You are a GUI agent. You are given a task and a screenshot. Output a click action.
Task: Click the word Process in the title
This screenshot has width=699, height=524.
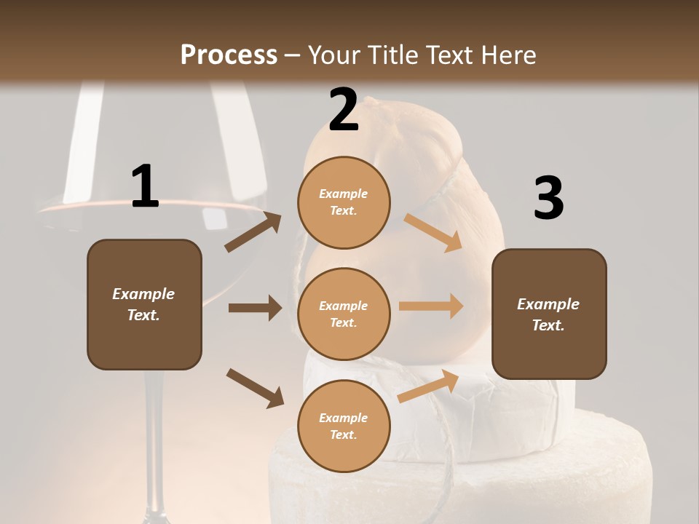[229, 55]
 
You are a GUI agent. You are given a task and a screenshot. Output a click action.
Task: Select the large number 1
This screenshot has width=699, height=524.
[145, 187]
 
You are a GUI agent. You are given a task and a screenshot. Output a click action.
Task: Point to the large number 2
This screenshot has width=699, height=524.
[344, 110]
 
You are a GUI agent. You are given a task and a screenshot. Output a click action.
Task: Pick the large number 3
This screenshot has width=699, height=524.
[548, 198]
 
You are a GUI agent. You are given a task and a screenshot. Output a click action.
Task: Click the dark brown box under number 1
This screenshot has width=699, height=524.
[144, 304]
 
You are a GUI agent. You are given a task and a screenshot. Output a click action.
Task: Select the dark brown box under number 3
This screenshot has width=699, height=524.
[549, 314]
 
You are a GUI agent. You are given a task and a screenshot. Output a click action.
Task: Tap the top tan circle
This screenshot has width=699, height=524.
[344, 202]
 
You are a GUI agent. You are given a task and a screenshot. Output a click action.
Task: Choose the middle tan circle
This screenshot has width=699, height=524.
[344, 314]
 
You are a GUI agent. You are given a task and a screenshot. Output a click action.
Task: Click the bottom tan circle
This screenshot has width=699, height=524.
[344, 426]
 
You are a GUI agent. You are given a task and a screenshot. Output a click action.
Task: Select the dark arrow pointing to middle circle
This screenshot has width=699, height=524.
[255, 308]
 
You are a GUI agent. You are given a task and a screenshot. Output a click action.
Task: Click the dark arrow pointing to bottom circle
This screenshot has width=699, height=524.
[255, 387]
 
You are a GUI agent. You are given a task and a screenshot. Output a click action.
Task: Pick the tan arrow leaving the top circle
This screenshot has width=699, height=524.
[433, 233]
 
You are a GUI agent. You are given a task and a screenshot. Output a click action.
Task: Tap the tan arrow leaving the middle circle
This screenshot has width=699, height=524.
[431, 306]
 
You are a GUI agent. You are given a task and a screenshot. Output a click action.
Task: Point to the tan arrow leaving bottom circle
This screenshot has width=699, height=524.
[428, 386]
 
